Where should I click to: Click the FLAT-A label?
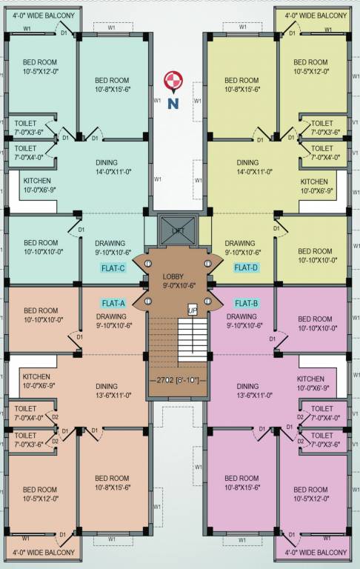click(x=113, y=303)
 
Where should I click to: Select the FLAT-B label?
click(x=247, y=303)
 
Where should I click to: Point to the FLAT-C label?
click(x=113, y=268)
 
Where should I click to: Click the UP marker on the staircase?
click(x=193, y=310)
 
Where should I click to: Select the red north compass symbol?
click(x=173, y=79)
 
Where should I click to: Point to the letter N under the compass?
click(x=173, y=103)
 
